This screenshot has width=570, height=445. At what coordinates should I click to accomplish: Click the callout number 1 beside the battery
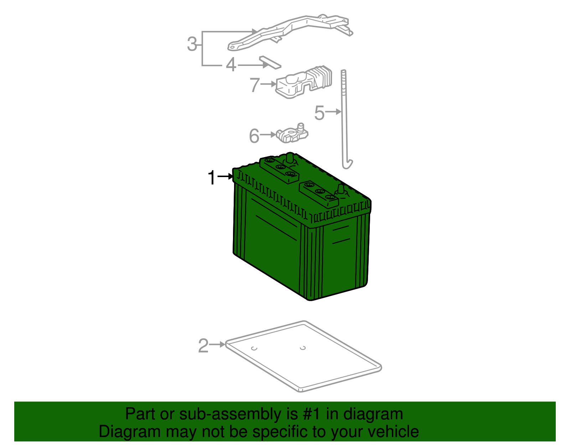[x=212, y=177]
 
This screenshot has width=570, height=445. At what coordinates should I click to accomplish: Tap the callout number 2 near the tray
[x=203, y=346]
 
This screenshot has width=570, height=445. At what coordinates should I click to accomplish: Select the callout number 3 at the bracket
[x=192, y=44]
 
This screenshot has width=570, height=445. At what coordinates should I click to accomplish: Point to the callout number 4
[x=231, y=65]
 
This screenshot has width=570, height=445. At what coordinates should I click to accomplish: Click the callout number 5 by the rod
[x=319, y=113]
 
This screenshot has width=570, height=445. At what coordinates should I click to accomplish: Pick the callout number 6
[x=254, y=136]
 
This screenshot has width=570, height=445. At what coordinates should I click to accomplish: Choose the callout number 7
[x=254, y=85]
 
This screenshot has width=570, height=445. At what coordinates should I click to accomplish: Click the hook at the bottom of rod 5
[x=347, y=165]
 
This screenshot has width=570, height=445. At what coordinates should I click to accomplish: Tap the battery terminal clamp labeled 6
[x=292, y=134]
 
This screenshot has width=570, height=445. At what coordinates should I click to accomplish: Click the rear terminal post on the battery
[x=290, y=158]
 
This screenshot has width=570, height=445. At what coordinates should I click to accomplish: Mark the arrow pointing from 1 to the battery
[x=225, y=176]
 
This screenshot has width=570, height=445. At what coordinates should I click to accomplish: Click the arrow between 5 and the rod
[x=333, y=112]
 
